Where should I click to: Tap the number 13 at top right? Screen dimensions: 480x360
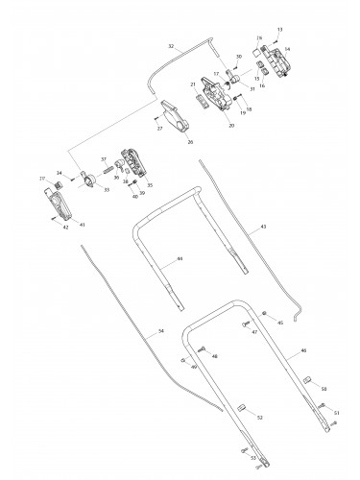(279, 30)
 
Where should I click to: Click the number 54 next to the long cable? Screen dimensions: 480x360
(160, 331)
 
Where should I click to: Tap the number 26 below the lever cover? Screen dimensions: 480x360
(189, 141)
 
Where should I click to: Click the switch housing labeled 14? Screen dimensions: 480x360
(279, 63)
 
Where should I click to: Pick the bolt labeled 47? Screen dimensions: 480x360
(244, 324)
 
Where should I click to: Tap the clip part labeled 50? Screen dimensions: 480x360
(309, 381)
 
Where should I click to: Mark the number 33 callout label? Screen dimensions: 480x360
(106, 190)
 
